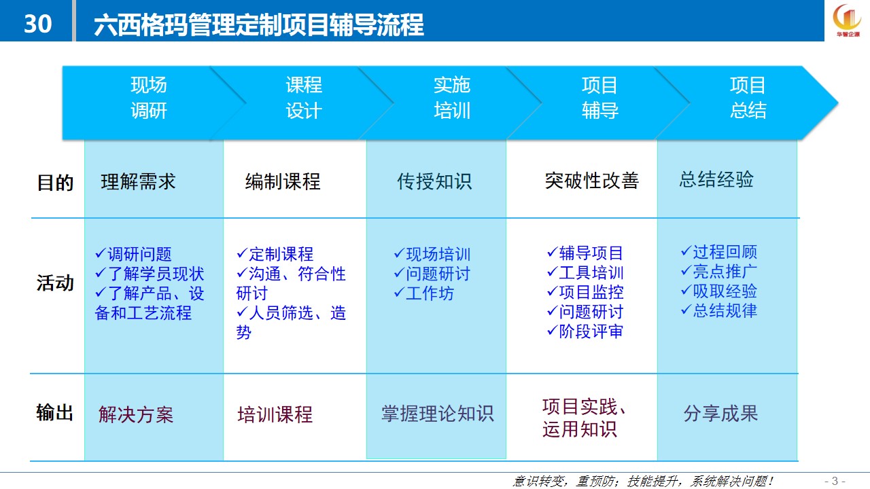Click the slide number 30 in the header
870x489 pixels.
[x=37, y=24]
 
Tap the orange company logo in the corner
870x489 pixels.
[x=847, y=20]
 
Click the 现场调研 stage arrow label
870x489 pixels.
[x=149, y=98]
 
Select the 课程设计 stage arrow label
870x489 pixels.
[x=304, y=98]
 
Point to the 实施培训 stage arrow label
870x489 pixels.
[x=452, y=98]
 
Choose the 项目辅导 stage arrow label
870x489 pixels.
[x=599, y=98]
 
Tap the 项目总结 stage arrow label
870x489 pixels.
[x=748, y=98]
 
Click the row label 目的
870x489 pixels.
[x=55, y=183]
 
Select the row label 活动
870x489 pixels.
[x=55, y=283]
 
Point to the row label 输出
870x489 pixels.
[x=55, y=412]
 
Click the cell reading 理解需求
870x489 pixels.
[x=138, y=181]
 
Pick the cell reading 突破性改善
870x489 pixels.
[x=591, y=181]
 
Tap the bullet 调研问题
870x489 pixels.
[x=133, y=254]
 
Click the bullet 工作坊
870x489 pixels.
[x=423, y=293]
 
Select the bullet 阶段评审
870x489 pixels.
[x=585, y=331]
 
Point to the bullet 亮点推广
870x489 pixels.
[x=719, y=271]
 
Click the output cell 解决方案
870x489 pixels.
[x=136, y=414]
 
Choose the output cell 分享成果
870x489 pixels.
[x=721, y=413]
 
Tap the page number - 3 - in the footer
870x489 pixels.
[x=835, y=482]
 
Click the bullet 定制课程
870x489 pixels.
[x=275, y=254]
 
